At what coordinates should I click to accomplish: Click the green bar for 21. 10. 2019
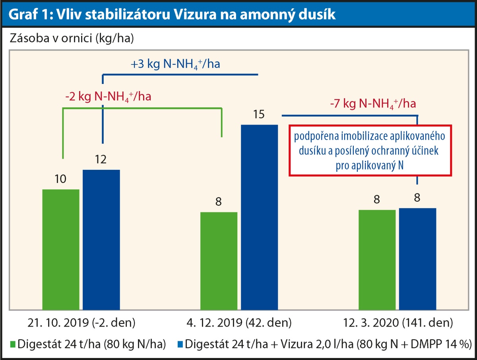point(61,249)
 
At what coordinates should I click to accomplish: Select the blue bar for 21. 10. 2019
point(101,239)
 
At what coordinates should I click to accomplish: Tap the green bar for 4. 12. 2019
point(219,261)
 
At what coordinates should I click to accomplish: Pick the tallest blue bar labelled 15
point(259,217)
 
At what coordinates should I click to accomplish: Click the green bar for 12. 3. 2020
point(377,259)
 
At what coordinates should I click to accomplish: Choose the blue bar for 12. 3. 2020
point(417,259)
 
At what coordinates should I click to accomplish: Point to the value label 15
point(259,115)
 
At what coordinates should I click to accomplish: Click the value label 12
point(101,160)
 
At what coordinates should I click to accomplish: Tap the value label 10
point(60,179)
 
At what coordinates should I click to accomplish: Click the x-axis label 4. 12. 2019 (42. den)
point(239,321)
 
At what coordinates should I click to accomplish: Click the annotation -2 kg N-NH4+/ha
point(108,97)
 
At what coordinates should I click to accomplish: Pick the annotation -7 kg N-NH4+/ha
point(373,104)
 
